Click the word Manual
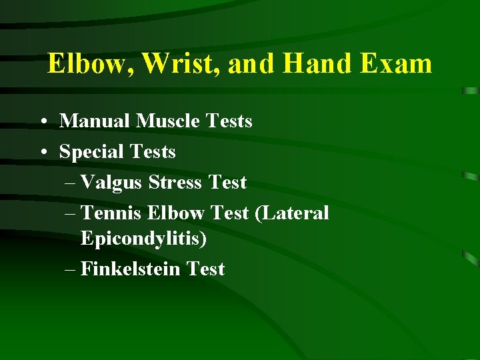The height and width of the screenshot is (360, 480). point(95,121)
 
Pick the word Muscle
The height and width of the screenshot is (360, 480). point(167,121)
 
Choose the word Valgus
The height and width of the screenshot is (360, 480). point(112,182)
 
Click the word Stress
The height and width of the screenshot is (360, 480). point(175,182)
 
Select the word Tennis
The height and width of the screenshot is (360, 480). point(111,213)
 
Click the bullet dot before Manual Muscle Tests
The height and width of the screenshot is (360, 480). point(43,122)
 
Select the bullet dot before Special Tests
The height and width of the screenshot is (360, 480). point(43,153)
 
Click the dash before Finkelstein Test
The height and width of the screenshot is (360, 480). point(71,270)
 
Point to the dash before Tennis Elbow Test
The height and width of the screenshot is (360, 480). point(71,214)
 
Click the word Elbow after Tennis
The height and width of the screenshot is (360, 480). point(175,213)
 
